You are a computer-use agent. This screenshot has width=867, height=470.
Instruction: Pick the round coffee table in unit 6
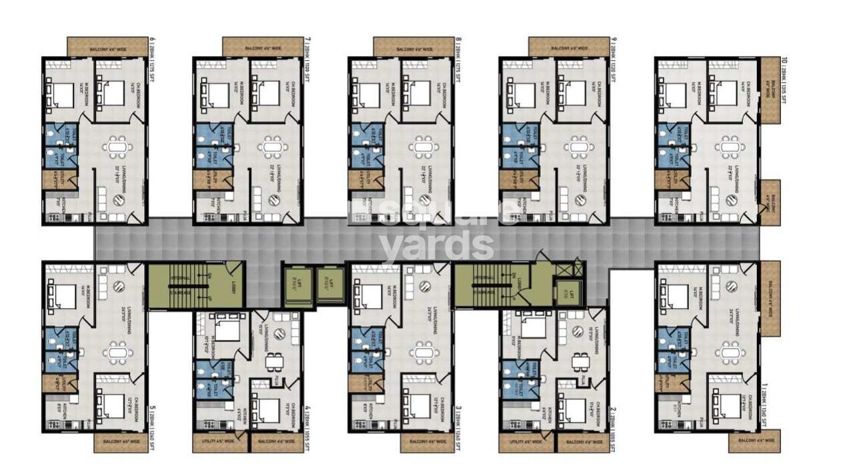pos(119,199)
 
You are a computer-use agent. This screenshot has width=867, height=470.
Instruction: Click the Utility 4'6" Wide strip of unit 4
pos(220,441)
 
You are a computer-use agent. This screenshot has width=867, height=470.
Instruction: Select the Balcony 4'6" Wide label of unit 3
pos(427,441)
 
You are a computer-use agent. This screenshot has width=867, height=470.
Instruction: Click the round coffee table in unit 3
pos(425,285)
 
